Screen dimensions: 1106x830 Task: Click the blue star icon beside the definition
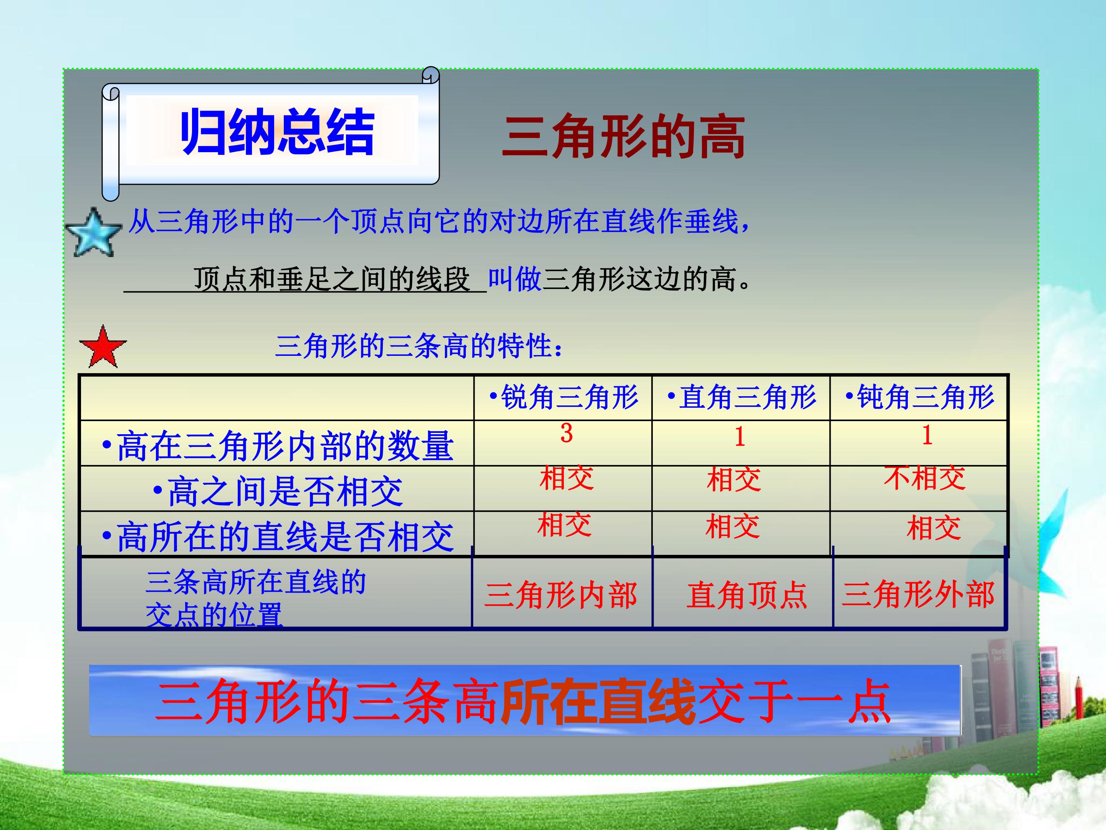tap(93, 232)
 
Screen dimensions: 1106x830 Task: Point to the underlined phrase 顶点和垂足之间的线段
tap(332, 279)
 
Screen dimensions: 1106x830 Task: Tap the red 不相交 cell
tap(924, 477)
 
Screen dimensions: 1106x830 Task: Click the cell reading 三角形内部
tap(561, 595)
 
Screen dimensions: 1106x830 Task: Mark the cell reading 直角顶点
tap(747, 595)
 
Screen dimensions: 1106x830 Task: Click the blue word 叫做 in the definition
tap(515, 279)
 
